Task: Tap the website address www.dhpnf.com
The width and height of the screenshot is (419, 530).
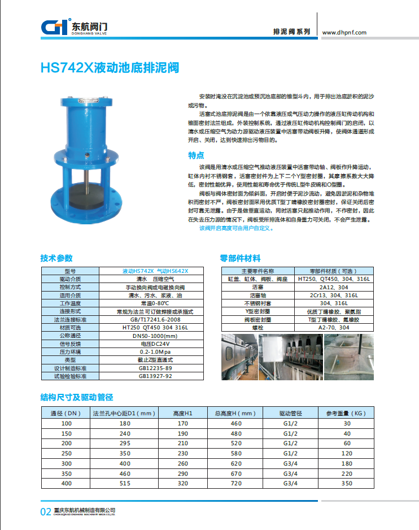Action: click(344, 32)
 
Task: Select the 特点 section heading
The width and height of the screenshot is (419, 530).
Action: click(196, 155)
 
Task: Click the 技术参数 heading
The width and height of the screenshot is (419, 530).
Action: click(56, 258)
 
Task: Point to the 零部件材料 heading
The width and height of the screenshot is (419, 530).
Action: click(240, 258)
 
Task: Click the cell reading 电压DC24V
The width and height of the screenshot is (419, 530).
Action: click(155, 344)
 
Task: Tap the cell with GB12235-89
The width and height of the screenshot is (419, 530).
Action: click(155, 368)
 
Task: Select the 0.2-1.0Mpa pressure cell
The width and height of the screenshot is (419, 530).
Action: click(155, 351)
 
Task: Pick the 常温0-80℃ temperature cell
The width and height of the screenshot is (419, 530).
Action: click(155, 303)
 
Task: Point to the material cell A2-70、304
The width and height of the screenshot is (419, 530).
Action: click(334, 327)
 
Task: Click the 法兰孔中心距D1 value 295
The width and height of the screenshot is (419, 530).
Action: click(125, 444)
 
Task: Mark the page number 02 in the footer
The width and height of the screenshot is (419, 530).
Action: click(46, 512)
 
